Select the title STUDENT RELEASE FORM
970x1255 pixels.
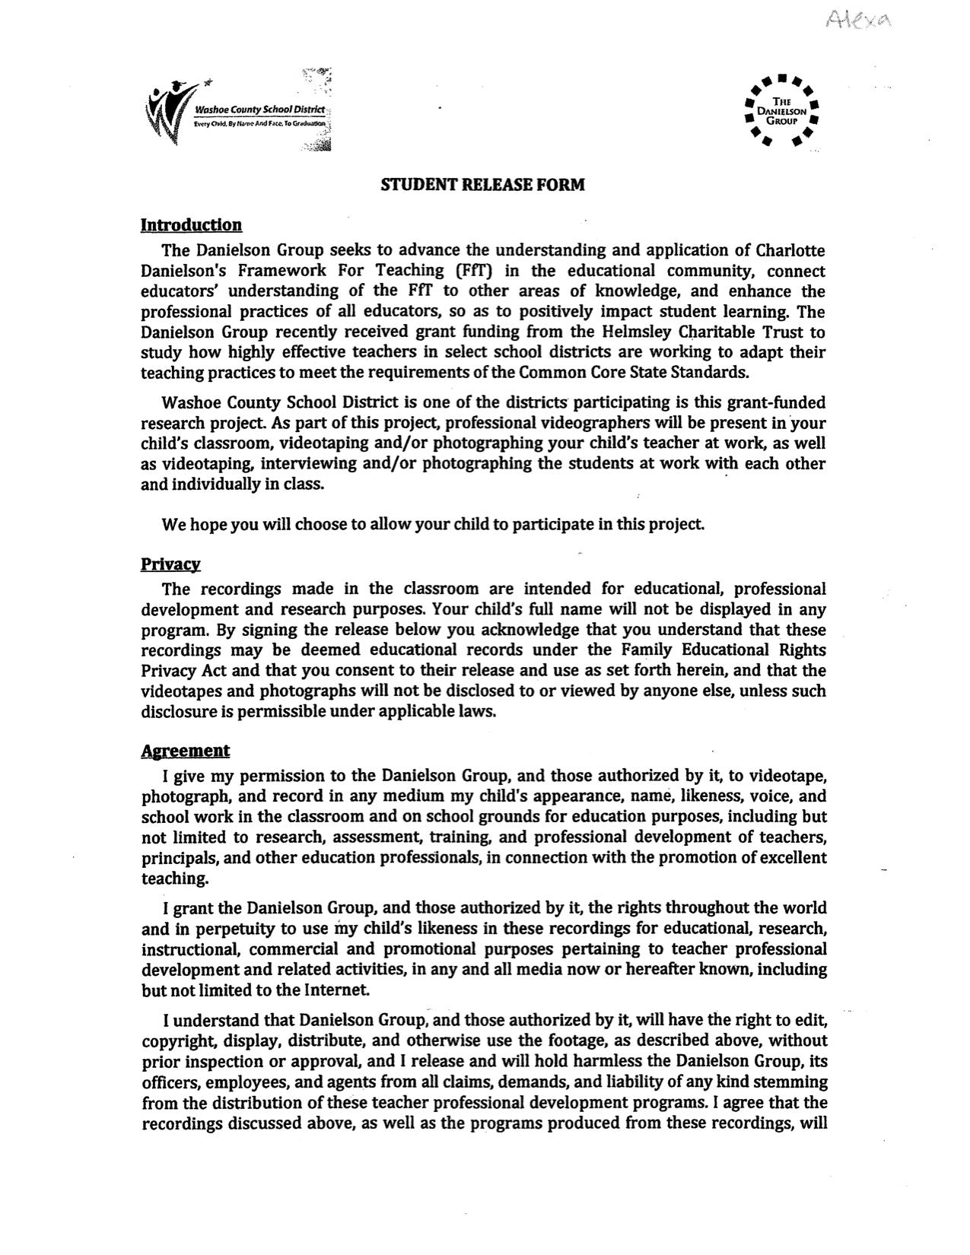(483, 185)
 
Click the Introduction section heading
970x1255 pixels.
(191, 225)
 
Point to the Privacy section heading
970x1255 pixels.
(170, 564)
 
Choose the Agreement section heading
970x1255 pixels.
(185, 751)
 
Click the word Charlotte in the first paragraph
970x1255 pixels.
(790, 250)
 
